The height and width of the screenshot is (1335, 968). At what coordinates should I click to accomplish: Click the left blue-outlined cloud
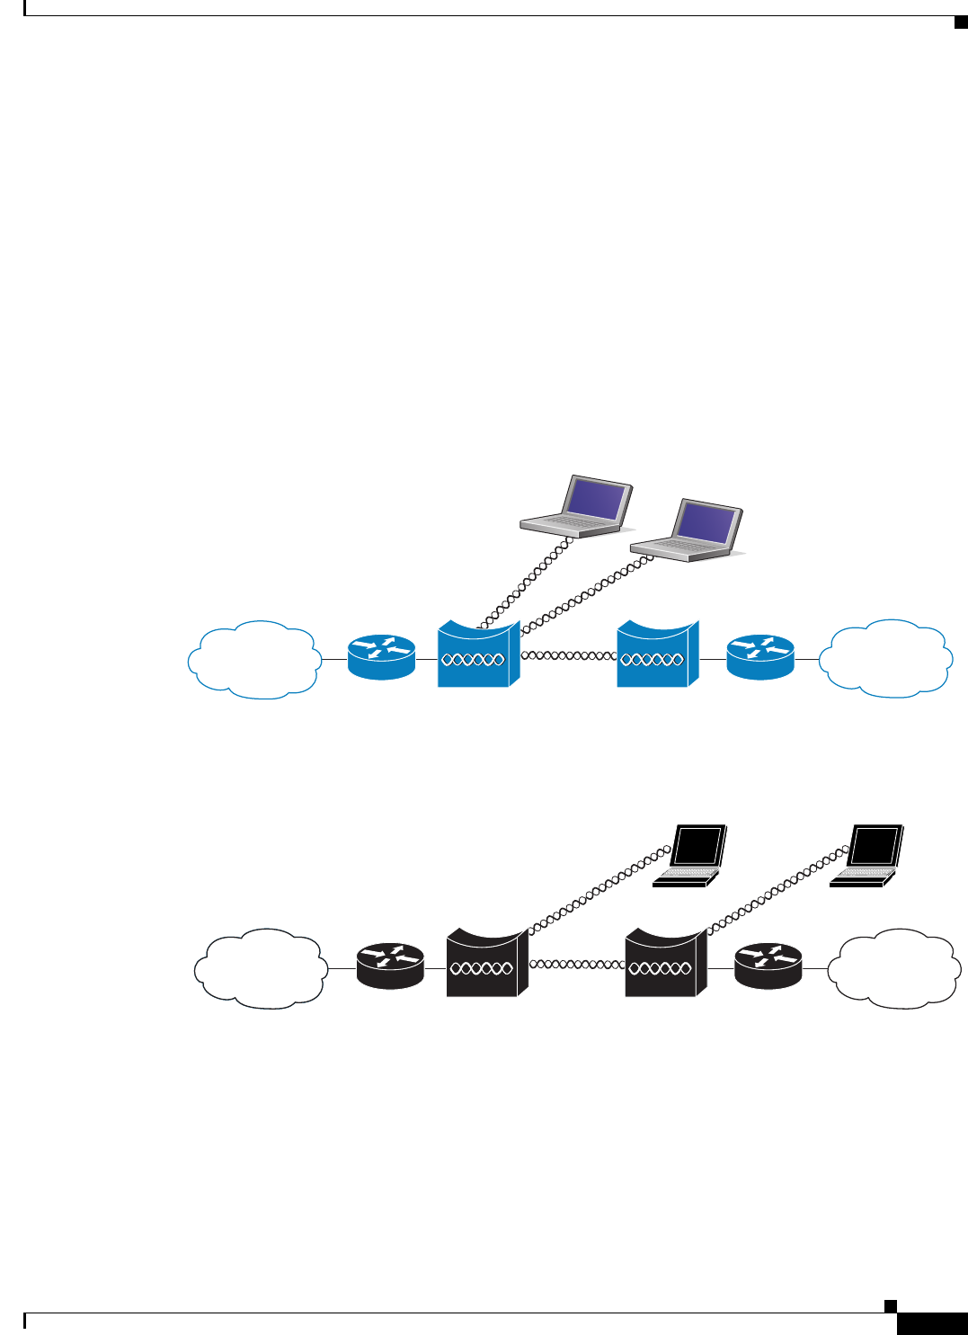pos(254,660)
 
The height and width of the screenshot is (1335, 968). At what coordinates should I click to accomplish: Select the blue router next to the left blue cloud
pos(381,657)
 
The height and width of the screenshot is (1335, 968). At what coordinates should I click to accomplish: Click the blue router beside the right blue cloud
pos(760,657)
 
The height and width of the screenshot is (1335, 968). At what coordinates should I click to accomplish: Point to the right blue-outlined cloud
pos(887,658)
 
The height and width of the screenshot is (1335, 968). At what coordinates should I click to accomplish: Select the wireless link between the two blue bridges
pos(569,655)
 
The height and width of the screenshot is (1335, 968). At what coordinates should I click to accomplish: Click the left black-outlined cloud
pos(261,968)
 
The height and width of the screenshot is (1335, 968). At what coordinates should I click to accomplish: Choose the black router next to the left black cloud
pos(389,966)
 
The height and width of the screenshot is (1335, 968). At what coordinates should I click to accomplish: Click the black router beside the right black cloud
pos(768,966)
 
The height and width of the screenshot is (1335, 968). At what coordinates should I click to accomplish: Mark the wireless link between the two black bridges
pos(576,964)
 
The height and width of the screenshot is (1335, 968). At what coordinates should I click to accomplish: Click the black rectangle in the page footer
pos(931,1323)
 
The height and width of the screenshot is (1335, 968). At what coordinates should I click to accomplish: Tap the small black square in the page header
pos(960,22)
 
